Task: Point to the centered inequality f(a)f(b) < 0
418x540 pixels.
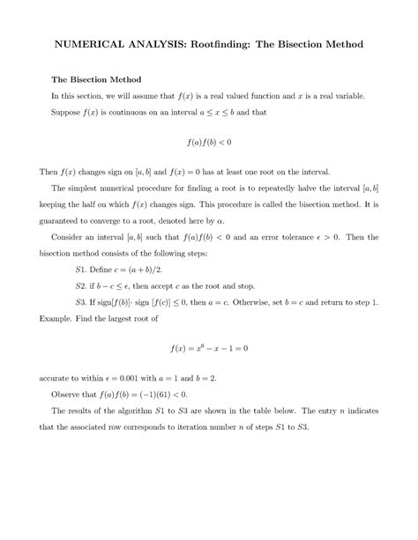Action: (x=209, y=141)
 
